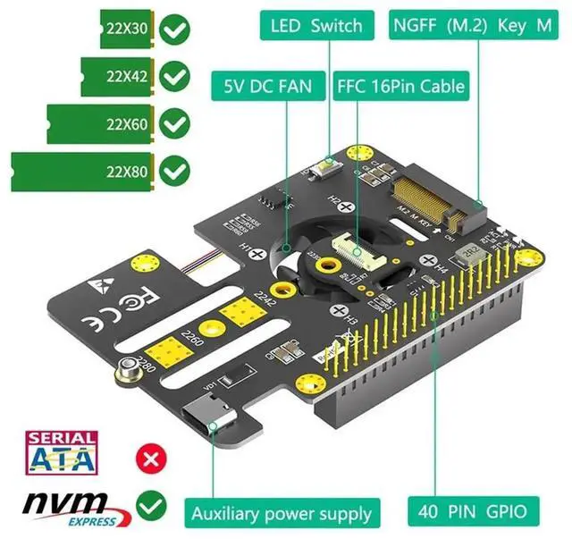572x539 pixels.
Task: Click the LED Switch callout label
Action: coord(316,26)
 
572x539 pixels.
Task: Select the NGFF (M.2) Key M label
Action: coord(472,26)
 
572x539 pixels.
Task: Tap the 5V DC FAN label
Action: coord(268,88)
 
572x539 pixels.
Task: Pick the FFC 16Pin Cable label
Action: coord(400,88)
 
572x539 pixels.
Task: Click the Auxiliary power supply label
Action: coord(281,513)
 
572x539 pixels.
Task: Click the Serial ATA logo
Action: coord(63,453)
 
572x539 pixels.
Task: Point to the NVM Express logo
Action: coord(71,507)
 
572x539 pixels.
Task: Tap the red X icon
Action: coord(151,459)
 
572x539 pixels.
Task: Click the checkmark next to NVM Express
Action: coord(151,507)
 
